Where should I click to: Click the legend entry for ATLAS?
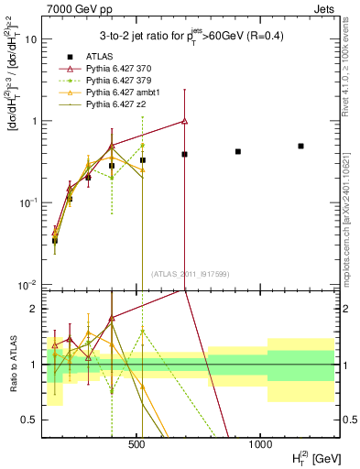95,57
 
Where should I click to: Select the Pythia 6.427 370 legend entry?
119,69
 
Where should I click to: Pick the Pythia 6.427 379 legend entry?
119,81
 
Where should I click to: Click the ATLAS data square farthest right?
300,146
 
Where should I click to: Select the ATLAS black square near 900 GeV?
238,151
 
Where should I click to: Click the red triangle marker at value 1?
185,121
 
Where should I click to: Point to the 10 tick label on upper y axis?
29,40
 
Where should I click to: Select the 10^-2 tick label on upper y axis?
27,284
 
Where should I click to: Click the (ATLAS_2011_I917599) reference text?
190,273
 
